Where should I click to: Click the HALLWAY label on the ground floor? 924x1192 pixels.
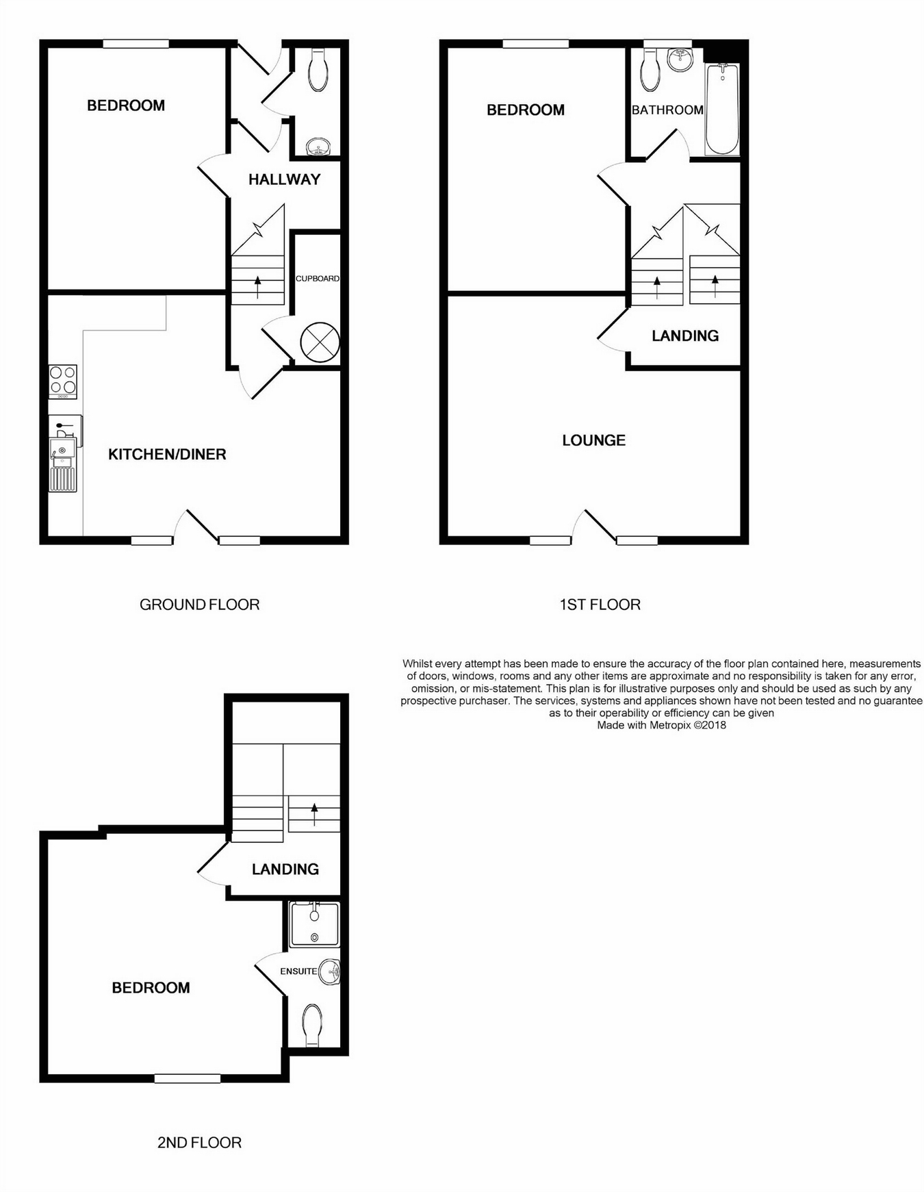pyautogui.click(x=284, y=179)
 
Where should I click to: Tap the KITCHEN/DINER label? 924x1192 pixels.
pyautogui.click(x=167, y=454)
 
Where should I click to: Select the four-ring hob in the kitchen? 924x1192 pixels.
pyautogui.click(x=63, y=381)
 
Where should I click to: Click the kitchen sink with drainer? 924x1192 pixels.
pyautogui.click(x=63, y=466)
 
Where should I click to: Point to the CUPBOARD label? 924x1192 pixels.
pyautogui.click(x=318, y=279)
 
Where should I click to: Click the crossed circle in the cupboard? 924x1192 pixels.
pyautogui.click(x=320, y=342)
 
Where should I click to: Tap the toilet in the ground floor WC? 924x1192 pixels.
pyautogui.click(x=318, y=70)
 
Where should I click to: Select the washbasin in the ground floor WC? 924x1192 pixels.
pyautogui.click(x=318, y=147)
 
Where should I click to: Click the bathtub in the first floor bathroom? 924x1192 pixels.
pyautogui.click(x=722, y=109)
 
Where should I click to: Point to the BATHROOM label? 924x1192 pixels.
pyautogui.click(x=667, y=110)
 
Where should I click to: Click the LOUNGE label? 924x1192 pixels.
pyautogui.click(x=594, y=440)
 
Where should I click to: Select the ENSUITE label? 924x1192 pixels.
pyautogui.click(x=298, y=971)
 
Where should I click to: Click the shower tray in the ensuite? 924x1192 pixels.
pyautogui.click(x=315, y=925)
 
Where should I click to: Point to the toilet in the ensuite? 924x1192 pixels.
pyautogui.click(x=313, y=1025)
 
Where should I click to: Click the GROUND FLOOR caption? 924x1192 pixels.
pyautogui.click(x=200, y=605)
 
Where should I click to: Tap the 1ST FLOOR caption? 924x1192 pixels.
pyautogui.click(x=600, y=605)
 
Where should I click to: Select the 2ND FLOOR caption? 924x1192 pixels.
pyautogui.click(x=200, y=1143)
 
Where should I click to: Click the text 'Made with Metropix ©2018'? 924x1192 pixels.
pyautogui.click(x=662, y=725)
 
